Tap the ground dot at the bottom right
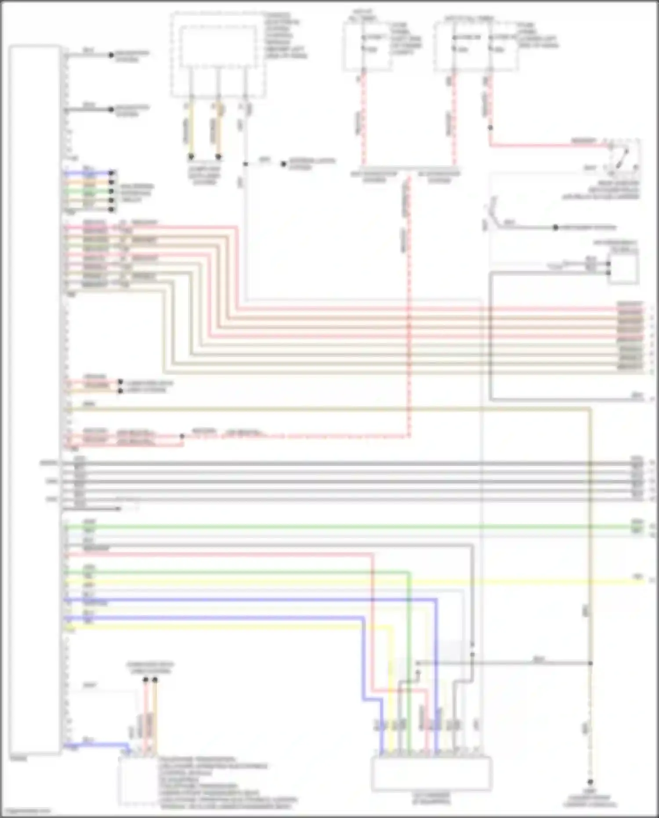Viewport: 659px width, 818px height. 590,782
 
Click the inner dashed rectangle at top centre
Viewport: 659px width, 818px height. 218,47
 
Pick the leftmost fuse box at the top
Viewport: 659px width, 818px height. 367,46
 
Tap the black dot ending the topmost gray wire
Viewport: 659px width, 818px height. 111,55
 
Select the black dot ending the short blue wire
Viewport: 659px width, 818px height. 112,173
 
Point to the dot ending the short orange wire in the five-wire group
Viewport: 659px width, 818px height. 112,182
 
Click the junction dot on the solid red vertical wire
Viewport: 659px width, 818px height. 490,128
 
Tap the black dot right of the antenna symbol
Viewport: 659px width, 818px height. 555,228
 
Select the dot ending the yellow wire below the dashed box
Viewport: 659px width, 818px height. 191,156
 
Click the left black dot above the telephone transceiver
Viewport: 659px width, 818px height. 145,680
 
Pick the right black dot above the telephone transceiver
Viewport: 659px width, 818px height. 155,680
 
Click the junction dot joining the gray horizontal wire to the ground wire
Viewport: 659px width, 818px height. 590,663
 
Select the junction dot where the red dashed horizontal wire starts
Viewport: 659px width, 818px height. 182,436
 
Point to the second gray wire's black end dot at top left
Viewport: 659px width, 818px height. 111,110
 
